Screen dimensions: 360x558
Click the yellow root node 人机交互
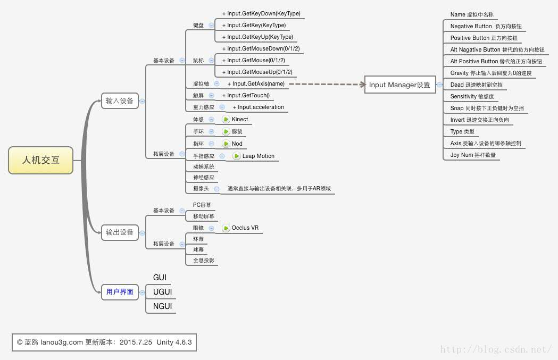[41, 160]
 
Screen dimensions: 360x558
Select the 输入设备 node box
[120, 101]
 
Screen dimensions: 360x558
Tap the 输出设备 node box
[120, 232]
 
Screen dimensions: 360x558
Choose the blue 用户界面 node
[120, 291]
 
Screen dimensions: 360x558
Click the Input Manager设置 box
[399, 85]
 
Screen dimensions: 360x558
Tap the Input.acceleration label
[261, 107]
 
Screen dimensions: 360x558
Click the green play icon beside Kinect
[226, 119]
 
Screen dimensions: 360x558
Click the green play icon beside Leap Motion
[237, 156]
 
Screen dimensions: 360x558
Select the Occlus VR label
[245, 228]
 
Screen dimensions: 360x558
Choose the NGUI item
[162, 306]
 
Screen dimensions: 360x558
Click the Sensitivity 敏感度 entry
[472, 96]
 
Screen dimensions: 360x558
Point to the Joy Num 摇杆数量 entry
[472, 155]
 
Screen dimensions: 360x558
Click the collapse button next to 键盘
[211, 25]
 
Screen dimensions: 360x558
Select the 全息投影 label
[203, 260]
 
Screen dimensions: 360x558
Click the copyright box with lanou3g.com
[104, 342]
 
